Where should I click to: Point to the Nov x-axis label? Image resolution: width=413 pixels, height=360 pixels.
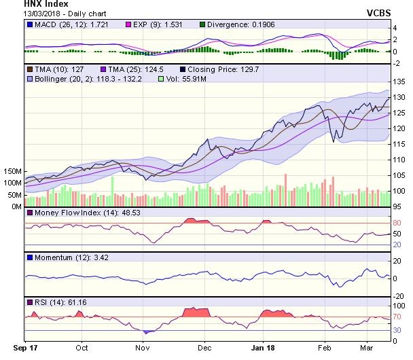pos(142,346)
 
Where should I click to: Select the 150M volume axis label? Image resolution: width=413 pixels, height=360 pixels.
pos(12,171)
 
